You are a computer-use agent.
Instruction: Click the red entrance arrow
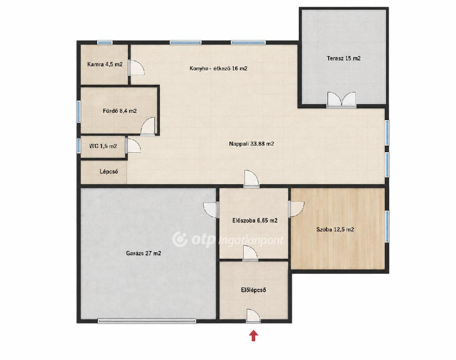(x=253, y=335)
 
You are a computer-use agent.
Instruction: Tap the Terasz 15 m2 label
(x=343, y=58)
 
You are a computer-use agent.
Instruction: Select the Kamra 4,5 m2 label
(x=105, y=64)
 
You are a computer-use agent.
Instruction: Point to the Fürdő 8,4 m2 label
(x=119, y=111)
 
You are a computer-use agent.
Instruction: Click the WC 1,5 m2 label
(x=103, y=146)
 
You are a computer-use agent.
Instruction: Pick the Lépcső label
(x=109, y=171)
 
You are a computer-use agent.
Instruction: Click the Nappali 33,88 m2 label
(x=251, y=144)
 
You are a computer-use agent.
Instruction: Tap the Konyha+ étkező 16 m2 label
(x=218, y=69)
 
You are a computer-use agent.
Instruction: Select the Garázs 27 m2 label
(x=143, y=253)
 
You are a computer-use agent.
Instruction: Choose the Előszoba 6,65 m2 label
(x=255, y=221)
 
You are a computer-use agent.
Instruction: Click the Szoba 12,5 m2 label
(x=335, y=230)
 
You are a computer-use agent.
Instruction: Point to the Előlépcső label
(x=253, y=290)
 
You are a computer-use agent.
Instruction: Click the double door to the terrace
(x=342, y=100)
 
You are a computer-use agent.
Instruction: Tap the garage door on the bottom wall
(x=147, y=321)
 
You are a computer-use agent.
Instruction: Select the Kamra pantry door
(x=136, y=67)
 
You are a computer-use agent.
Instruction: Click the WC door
(x=133, y=146)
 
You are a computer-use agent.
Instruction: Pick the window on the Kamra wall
(x=105, y=42)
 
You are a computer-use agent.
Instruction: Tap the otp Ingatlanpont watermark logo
(x=228, y=239)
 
